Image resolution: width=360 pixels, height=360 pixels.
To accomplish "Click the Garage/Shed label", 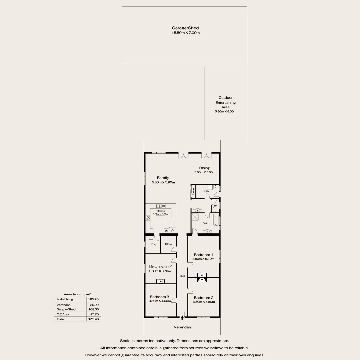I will point(185,28).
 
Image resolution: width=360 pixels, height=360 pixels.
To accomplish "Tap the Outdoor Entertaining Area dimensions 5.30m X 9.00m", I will point(225,111).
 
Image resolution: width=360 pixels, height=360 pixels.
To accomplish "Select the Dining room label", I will point(204,168).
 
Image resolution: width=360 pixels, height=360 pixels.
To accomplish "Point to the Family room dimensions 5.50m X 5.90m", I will point(163,182).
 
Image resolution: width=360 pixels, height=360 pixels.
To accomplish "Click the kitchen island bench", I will point(160,220).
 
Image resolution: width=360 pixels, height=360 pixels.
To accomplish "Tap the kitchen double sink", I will point(160,206).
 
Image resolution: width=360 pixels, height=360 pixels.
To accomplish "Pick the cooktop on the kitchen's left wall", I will point(148,218).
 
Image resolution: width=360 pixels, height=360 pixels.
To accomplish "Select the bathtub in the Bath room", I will point(216,220).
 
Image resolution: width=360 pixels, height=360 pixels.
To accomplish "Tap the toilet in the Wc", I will point(215,209).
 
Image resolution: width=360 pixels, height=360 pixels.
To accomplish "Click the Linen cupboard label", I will point(193,192).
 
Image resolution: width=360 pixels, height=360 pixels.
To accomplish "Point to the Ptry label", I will point(154,244).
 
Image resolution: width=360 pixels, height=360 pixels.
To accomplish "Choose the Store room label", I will point(168,244).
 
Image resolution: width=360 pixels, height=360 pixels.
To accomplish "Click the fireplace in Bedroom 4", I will point(161,281).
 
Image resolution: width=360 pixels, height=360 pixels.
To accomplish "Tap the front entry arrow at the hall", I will point(182,318).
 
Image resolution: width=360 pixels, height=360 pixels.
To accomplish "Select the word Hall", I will point(182,276).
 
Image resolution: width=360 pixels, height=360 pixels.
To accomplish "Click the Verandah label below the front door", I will point(182,327).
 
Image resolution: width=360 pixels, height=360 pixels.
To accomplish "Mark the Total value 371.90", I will point(93,319).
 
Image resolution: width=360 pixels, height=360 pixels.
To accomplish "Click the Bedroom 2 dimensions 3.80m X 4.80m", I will point(204,302).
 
